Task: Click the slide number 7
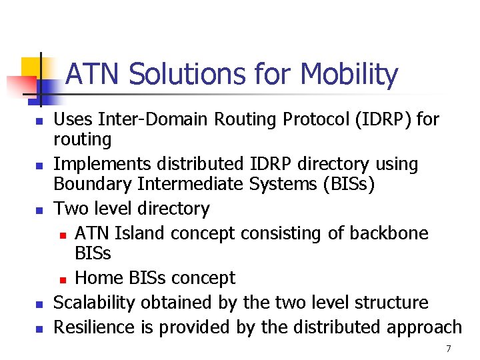click(x=449, y=349)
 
